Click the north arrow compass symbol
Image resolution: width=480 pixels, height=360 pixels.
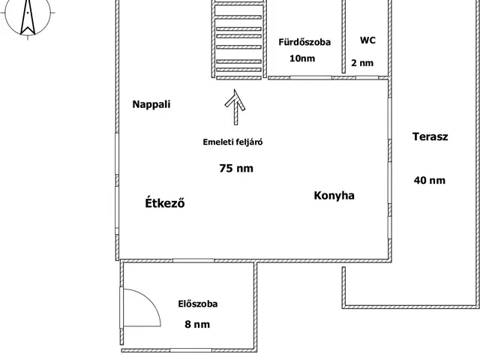27,16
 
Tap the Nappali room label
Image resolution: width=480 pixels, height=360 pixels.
151,104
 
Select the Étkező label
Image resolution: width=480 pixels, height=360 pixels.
164,202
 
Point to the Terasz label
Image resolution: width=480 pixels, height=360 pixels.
430,136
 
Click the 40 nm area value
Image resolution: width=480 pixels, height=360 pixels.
430,180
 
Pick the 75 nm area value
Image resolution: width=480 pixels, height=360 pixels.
235,168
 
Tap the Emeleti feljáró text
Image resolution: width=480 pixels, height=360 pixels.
232,142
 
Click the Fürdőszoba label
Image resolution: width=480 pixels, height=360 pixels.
304,43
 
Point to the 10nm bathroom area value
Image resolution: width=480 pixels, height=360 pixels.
303,58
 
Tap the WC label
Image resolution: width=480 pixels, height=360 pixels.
367,40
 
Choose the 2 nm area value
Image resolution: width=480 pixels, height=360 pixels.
362,63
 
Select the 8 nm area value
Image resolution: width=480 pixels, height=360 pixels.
198,324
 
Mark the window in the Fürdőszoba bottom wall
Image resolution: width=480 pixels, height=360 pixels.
302,77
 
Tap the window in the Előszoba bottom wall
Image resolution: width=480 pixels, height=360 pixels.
190,349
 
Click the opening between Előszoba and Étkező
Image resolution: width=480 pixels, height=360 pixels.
193,260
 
